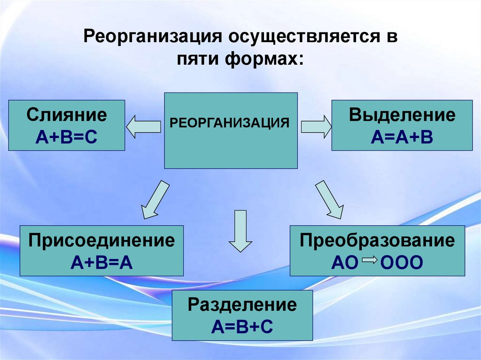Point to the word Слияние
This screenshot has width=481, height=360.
pos(67,115)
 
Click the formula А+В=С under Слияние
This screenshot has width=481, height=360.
pos(67,137)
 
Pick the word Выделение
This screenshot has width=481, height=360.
pos(402,115)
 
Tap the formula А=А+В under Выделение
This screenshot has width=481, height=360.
pos(402,137)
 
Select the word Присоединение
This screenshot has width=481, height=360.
pos(101,241)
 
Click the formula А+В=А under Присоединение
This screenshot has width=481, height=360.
pos(101,262)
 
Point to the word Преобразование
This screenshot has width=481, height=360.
pos(378,241)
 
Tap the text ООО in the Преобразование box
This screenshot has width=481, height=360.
pos(402,262)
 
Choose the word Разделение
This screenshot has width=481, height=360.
pos(242,305)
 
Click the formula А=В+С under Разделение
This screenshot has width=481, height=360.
pos(242,327)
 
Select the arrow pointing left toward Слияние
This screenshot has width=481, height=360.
pos(144,127)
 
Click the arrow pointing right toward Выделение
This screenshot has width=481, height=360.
pos(316,127)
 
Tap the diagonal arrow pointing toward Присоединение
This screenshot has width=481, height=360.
pos(155,199)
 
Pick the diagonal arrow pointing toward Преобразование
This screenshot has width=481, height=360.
pos(329,199)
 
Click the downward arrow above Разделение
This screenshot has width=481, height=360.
pos(240,232)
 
